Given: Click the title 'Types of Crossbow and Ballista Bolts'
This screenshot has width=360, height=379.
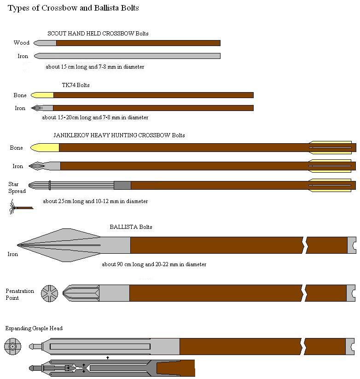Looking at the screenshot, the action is click(73, 8).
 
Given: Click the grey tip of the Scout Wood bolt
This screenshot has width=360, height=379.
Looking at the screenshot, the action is click(45, 43).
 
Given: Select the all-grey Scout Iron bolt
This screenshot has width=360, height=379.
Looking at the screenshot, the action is click(127, 56).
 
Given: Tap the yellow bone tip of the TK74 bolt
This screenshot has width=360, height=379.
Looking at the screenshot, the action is click(42, 95).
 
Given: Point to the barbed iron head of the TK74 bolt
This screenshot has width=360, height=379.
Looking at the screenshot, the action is click(42, 108).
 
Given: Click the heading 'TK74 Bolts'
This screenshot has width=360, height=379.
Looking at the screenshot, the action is click(75, 85).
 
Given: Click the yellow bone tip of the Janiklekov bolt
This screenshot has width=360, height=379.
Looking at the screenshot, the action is click(45, 148).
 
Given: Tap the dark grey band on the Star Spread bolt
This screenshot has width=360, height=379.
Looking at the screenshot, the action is click(122, 186).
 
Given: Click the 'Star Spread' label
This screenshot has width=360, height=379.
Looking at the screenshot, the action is click(17, 187).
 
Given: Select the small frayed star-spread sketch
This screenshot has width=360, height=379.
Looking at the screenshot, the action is click(21, 207).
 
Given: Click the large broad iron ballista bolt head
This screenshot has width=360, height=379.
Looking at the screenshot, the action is click(74, 245).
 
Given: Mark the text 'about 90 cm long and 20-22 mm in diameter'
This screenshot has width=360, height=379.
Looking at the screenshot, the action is click(154, 264).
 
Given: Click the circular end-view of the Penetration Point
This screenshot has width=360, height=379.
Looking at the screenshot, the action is click(50, 293).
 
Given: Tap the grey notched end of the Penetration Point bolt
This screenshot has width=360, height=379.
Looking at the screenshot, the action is click(351, 293).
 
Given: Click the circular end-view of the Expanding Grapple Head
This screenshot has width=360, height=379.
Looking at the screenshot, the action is click(12, 346).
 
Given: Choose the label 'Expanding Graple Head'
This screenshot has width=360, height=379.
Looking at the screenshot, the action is click(34, 328).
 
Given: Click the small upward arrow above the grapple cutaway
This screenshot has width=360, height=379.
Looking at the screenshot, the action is click(108, 357).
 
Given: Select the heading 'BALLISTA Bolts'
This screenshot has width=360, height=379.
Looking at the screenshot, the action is click(131, 227).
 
